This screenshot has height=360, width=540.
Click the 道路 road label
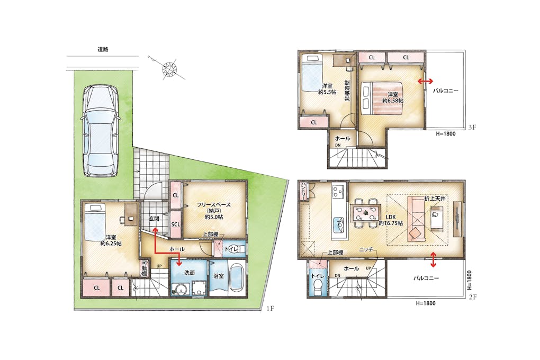tap(103, 50)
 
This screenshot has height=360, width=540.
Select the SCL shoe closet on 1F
tap(176, 224)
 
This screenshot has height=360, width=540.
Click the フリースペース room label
tap(213, 205)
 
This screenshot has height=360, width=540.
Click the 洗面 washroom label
tap(190, 273)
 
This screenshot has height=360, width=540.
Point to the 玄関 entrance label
tap(155, 219)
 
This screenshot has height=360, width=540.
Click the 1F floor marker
tap(270, 308)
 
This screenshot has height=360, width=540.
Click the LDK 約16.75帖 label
tap(391, 220)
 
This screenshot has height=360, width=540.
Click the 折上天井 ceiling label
tap(435, 199)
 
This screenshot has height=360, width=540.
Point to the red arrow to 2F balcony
tap(433, 259)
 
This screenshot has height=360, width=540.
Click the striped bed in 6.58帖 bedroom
tap(383, 98)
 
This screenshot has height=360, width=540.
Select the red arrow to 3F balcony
tap(426, 81)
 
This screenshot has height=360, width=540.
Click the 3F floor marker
tap(472, 128)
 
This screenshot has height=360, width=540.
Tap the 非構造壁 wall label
tap(347, 91)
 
